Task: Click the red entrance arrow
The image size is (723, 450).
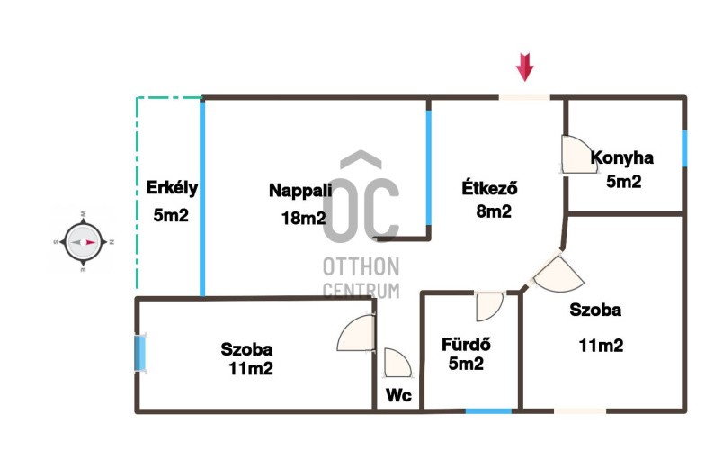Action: point(525,67)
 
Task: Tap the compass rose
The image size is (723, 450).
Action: point(84,242)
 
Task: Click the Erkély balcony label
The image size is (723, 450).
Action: point(172,188)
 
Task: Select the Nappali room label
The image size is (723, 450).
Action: point(300,191)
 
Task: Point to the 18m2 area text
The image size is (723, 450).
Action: point(303,218)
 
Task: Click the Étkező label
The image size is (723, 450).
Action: point(489,188)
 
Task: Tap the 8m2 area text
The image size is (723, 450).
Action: point(494,211)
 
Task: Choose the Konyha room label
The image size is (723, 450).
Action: point(622,157)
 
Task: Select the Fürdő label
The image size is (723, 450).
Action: point(466,345)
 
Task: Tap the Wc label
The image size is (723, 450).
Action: point(398,395)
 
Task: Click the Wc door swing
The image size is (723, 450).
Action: point(397,363)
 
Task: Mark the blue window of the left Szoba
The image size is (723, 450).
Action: point(139,353)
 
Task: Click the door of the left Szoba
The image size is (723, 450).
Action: point(356,333)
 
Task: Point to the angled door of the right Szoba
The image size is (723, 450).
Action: point(557,273)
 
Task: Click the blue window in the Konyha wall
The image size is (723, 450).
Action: point(684,148)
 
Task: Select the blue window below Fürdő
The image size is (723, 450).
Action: point(488,410)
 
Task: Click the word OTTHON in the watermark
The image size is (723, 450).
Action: point(361,266)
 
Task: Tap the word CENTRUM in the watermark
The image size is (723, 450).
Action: point(361,291)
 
